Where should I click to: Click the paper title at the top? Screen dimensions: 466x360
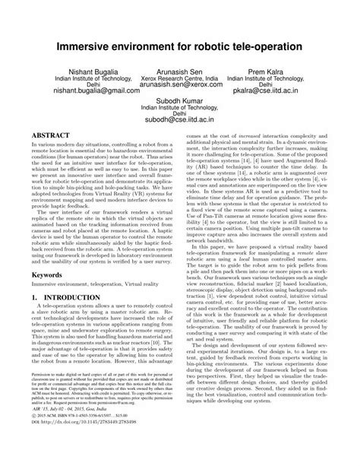pyautogui.click(x=180, y=46)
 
